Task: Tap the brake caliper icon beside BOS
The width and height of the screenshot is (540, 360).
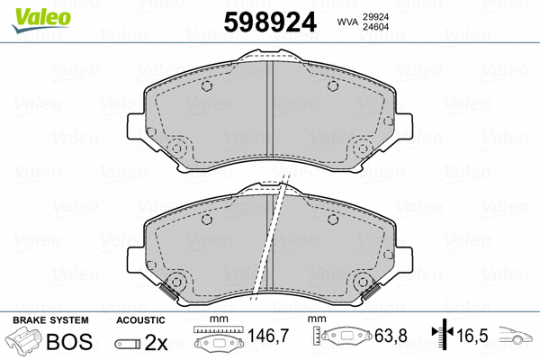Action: pos(23,343)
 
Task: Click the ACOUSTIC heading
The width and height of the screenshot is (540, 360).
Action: pos(140,319)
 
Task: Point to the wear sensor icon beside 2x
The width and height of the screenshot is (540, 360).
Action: pos(127,344)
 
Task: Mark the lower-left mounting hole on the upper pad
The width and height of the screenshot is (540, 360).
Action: pos(176,148)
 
